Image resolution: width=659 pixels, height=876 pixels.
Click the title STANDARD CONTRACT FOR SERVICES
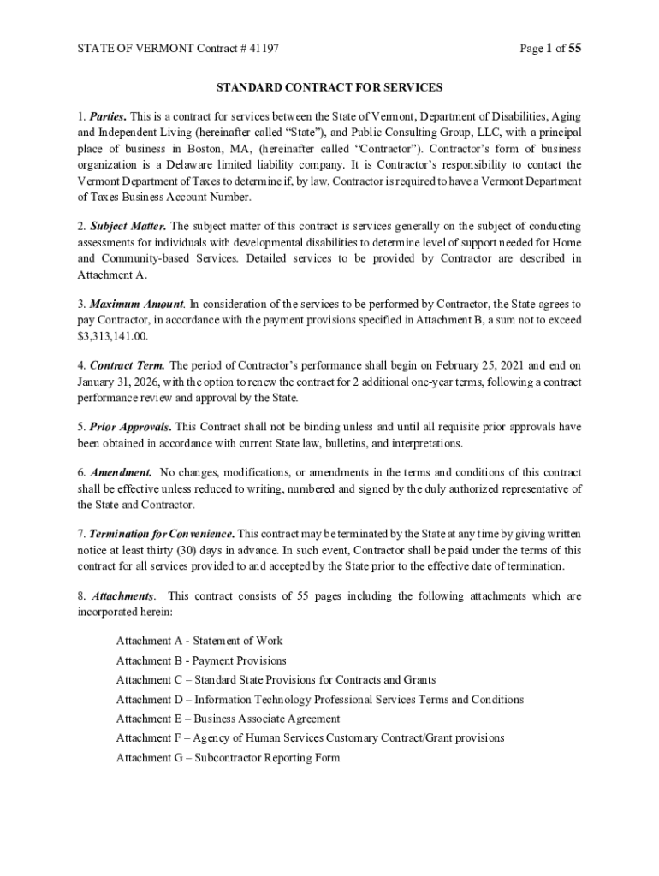[329, 87]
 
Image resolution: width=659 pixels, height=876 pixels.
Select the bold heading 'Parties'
[108, 115]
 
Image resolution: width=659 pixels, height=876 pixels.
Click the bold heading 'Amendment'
[122, 473]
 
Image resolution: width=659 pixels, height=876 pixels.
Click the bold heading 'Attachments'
[123, 596]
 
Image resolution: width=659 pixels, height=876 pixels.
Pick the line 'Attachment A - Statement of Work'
[199, 641]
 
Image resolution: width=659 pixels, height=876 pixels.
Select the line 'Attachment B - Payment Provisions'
[201, 660]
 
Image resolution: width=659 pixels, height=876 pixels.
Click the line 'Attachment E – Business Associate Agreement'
[228, 719]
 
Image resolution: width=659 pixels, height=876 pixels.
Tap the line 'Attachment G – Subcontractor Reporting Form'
[228, 757]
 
